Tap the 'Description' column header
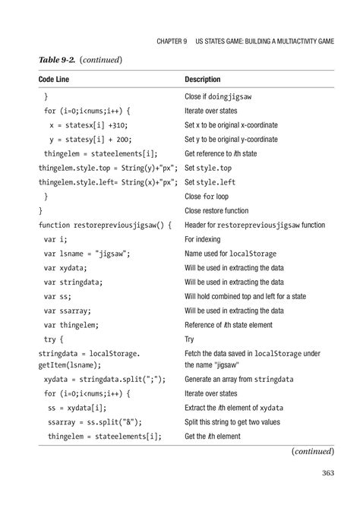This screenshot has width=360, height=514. [x=203, y=79]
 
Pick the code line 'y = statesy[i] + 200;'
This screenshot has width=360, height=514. [x=90, y=139]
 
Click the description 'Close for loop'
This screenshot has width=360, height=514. [x=210, y=196]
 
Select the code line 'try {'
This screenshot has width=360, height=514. [x=55, y=339]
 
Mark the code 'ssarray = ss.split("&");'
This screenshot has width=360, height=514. [x=95, y=421]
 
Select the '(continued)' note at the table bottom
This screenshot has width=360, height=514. [x=312, y=451]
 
